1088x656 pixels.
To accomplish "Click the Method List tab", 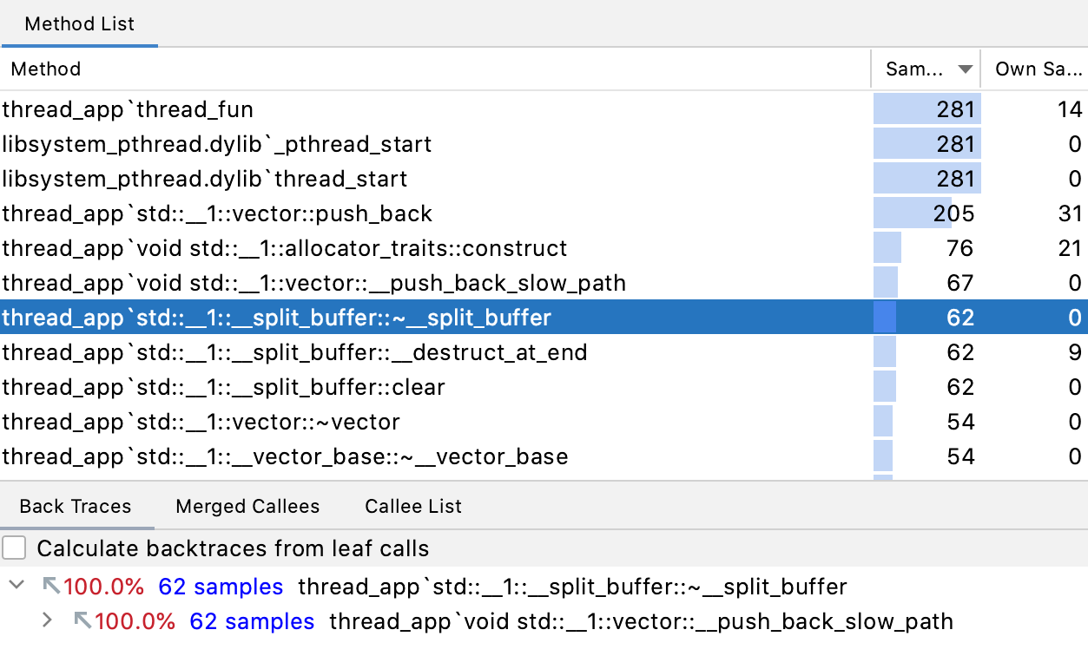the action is [79, 23].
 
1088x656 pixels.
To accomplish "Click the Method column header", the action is [46, 69].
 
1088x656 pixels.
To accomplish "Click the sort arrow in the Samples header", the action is [965, 69].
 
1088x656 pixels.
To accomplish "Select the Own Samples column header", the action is [1039, 69].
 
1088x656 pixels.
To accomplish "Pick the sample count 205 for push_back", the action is [954, 213].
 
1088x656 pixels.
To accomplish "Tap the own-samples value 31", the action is [1070, 213].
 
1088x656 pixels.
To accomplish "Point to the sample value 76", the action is [960, 248].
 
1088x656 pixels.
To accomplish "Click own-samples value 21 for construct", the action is [1070, 248].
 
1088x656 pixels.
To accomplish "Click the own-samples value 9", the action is [1075, 352].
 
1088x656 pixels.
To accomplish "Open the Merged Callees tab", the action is [247, 506].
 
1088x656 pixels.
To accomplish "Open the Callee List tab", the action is [413, 506].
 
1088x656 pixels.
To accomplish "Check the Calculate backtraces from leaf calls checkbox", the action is [14, 548].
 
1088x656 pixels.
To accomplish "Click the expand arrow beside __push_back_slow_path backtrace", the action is [47, 620].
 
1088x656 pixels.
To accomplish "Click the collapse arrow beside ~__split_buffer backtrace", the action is [16, 585].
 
